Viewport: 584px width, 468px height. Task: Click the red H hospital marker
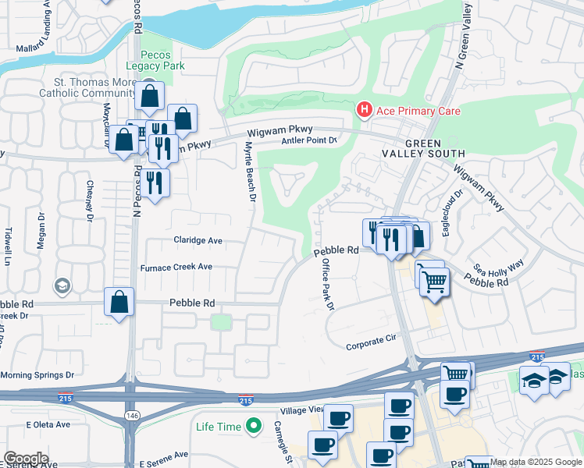point(364,111)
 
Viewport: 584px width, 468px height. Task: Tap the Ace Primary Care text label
point(418,111)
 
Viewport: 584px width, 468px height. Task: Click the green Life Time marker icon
point(253,427)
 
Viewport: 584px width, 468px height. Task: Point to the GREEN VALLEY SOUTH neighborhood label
point(434,149)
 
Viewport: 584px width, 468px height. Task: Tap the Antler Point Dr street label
point(308,140)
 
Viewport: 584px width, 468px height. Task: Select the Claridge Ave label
point(198,241)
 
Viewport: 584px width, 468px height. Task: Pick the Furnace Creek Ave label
point(176,267)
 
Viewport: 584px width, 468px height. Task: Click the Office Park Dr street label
point(328,285)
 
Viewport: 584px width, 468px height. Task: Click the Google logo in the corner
point(26,459)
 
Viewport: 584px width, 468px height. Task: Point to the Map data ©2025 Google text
point(536,463)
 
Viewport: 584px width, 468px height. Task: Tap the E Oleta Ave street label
point(48,425)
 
